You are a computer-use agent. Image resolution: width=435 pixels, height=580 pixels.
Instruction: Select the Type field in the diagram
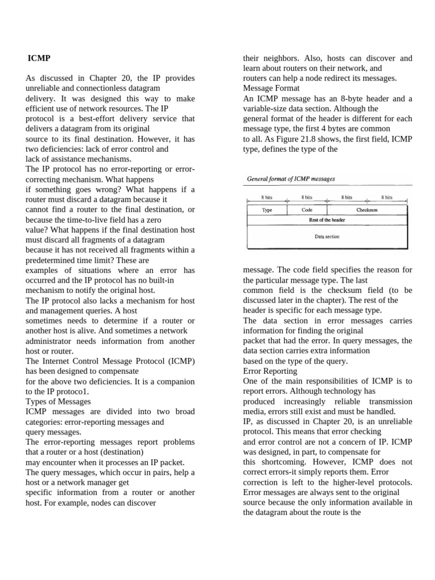pos(267,210)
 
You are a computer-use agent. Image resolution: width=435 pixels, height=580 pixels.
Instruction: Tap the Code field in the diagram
pos(308,210)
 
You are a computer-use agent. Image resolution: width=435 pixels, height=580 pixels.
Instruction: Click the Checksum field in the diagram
pos(367,210)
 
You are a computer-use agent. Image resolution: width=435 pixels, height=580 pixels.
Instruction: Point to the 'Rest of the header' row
pos(327,220)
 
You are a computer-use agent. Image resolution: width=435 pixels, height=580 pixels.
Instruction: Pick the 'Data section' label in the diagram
pos(327,237)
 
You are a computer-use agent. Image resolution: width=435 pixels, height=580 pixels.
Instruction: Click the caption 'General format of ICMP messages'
pos(291,179)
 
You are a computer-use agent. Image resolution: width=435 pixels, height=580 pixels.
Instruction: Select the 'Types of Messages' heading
pos(58,402)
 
